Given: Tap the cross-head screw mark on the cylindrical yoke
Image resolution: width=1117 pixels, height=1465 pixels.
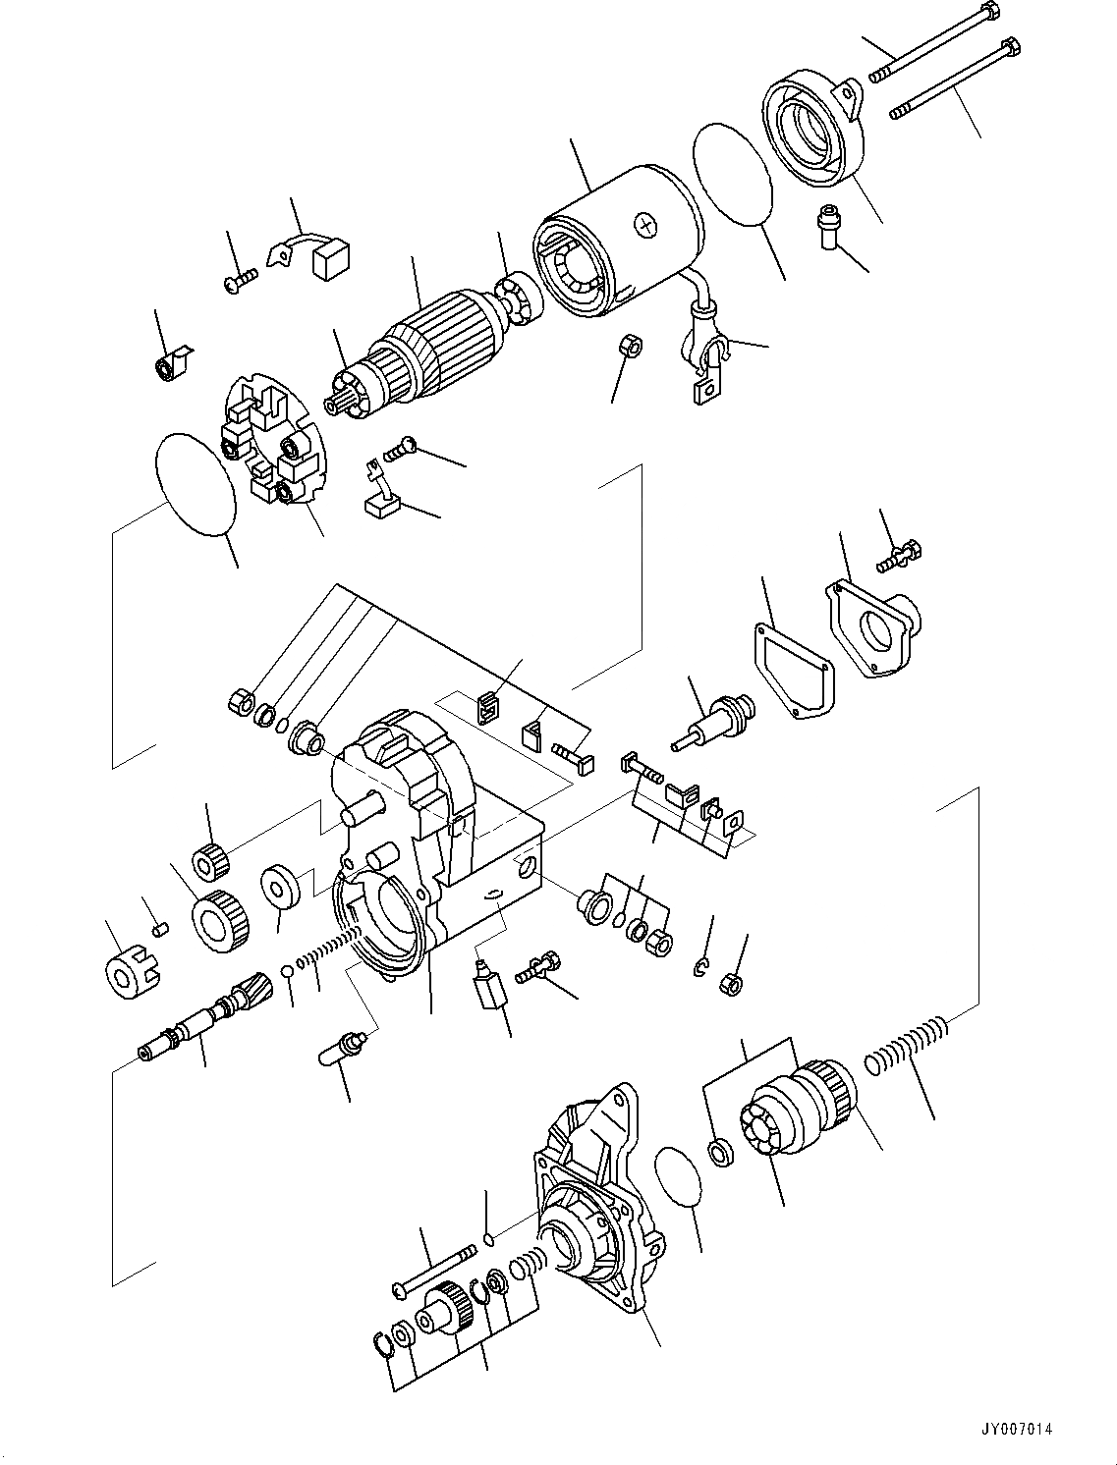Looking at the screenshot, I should pyautogui.click(x=645, y=225).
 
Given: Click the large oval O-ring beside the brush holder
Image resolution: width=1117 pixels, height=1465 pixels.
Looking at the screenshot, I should pyautogui.click(x=196, y=485).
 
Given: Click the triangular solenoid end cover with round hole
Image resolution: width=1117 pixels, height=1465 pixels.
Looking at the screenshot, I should pyautogui.click(x=874, y=628).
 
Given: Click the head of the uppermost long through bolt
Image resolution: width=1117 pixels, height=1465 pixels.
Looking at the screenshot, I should pyautogui.click(x=989, y=14).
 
